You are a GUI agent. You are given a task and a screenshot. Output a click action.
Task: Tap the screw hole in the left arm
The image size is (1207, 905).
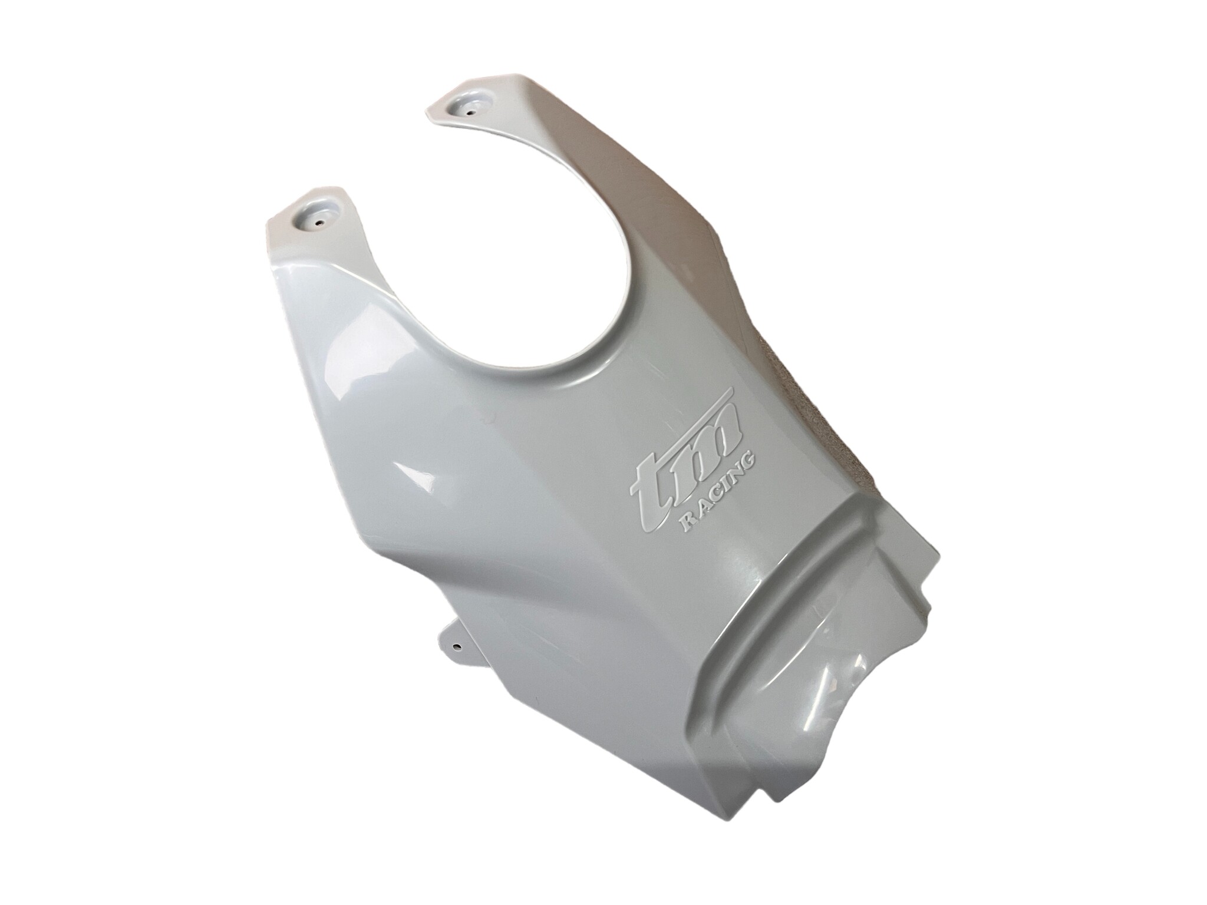pos(319,223)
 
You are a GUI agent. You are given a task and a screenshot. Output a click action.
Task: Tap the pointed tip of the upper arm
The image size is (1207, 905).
pos(433,109)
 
